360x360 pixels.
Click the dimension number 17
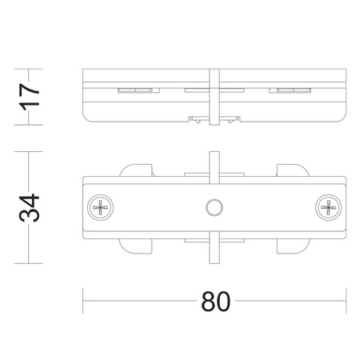click(x=30, y=95)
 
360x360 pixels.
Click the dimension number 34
click(x=30, y=207)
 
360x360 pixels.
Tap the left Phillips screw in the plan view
click(x=102, y=207)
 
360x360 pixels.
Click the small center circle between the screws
click(x=214, y=207)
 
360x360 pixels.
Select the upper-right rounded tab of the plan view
click(x=293, y=171)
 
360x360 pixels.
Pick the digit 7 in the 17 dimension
click(x=30, y=86)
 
